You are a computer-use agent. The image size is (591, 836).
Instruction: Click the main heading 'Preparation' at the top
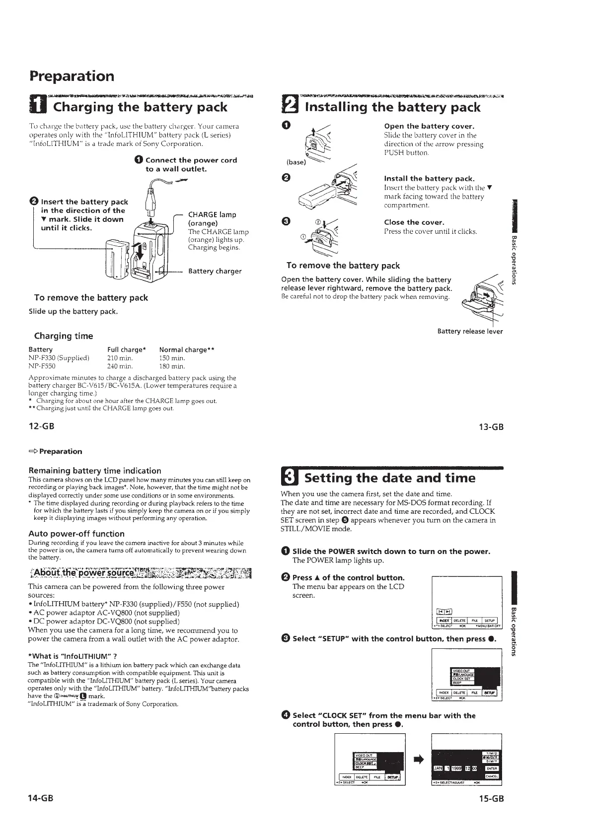[72, 76]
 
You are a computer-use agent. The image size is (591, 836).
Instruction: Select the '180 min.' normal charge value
[172, 367]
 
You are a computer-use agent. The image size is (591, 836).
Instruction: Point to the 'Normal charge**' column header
[186, 349]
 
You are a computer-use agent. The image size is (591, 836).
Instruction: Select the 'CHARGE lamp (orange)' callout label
[212, 219]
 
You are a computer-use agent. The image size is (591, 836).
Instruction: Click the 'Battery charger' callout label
[215, 271]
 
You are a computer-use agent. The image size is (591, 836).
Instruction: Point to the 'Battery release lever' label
[470, 331]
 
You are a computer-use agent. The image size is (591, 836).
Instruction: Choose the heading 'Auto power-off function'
[76, 534]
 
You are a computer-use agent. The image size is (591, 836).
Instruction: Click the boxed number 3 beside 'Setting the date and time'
[290, 478]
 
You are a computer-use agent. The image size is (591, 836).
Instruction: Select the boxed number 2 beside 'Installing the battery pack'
[290, 107]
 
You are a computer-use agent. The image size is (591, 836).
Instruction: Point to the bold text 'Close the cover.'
[414, 222]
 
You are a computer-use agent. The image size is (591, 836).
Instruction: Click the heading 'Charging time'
[63, 336]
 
